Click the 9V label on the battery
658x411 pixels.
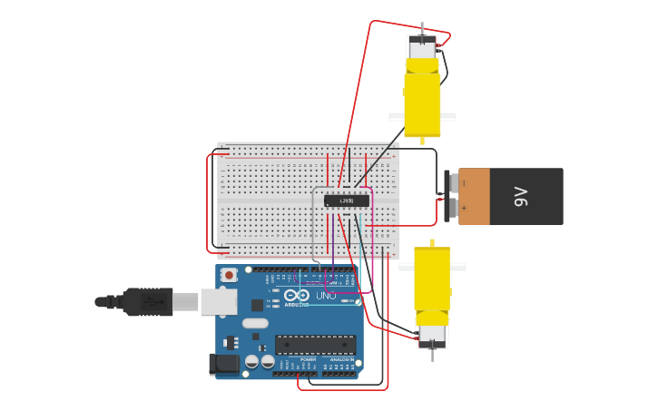click(520, 196)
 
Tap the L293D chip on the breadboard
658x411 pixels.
click(347, 201)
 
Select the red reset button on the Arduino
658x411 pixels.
click(229, 275)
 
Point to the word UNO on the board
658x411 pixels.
click(326, 296)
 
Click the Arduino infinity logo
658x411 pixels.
click(297, 295)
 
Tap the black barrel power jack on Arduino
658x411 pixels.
click(223, 364)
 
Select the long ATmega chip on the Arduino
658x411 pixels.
click(315, 345)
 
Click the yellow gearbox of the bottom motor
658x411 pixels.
click(432, 279)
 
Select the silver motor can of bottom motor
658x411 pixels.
click(432, 337)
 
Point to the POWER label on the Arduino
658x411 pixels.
click(309, 360)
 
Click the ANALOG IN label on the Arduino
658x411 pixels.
click(342, 360)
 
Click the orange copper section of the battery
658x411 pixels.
click(476, 196)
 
